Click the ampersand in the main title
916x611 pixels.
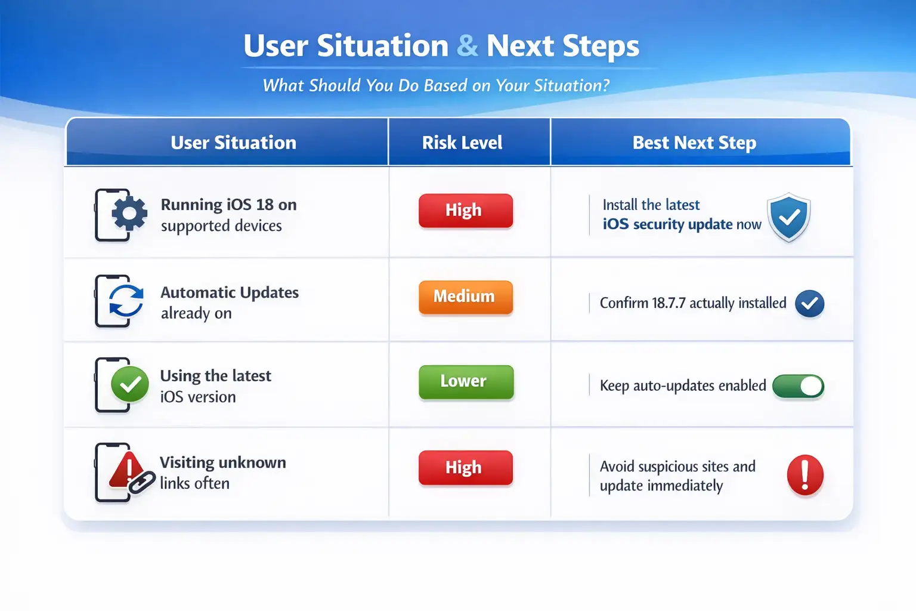pyautogui.click(x=467, y=46)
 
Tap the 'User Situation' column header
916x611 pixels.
pyautogui.click(x=234, y=143)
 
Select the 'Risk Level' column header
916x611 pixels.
pyautogui.click(x=462, y=143)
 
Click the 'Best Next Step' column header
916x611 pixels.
pyautogui.click(x=694, y=143)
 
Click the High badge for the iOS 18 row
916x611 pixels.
pyautogui.click(x=466, y=211)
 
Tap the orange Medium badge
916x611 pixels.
pyautogui.click(x=466, y=297)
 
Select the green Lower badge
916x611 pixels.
pyautogui.click(x=466, y=381)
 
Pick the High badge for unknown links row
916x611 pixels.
pyautogui.click(x=466, y=467)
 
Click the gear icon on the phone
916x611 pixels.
pyautogui.click(x=129, y=213)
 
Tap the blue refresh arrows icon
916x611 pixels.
pyautogui.click(x=126, y=301)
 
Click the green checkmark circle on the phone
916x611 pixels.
pyautogui.click(x=129, y=384)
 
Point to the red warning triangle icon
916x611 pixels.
pyautogui.click(x=127, y=470)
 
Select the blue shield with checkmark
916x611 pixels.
pyautogui.click(x=789, y=217)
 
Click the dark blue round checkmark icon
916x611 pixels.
pyautogui.click(x=809, y=303)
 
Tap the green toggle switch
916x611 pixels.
pyautogui.click(x=798, y=386)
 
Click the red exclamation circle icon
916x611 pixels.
pyautogui.click(x=804, y=475)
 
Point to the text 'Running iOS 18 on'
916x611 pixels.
pyautogui.click(x=228, y=205)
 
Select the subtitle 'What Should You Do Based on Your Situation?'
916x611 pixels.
pyautogui.click(x=436, y=85)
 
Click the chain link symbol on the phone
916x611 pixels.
pyautogui.click(x=141, y=483)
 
